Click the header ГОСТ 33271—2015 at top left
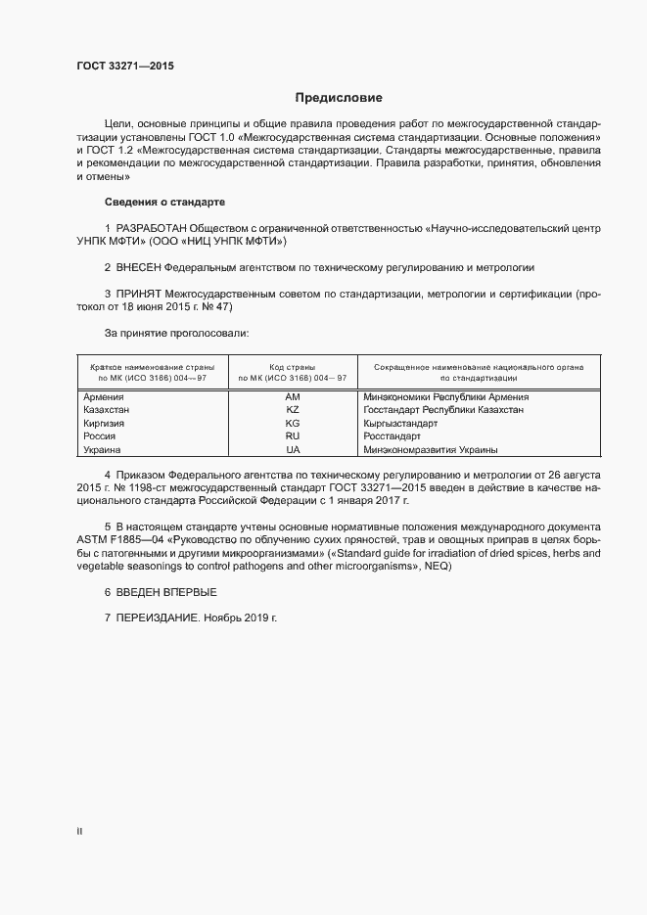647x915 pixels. [x=125, y=67]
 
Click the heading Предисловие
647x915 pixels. [x=339, y=97]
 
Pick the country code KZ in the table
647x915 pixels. [x=292, y=410]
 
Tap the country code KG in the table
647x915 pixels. [x=292, y=424]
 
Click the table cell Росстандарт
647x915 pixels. [x=392, y=436]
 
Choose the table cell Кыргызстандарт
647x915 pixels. [x=399, y=424]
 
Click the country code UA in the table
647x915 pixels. [x=292, y=450]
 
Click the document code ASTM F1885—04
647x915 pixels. [x=118, y=539]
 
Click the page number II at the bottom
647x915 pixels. [x=79, y=831]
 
